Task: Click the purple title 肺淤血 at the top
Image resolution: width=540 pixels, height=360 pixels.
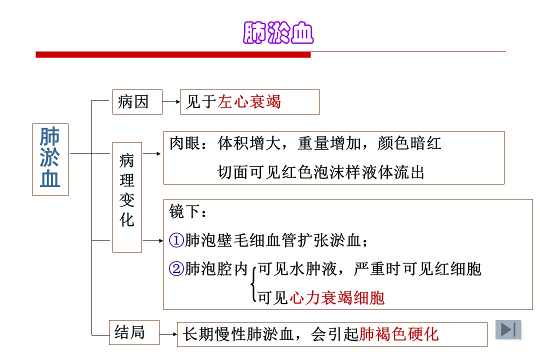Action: coord(278,32)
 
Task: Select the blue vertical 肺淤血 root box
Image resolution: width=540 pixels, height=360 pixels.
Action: coord(50,160)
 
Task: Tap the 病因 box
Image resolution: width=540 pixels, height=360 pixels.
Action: coord(137,102)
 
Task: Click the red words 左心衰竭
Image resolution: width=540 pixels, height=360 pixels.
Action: coord(249,102)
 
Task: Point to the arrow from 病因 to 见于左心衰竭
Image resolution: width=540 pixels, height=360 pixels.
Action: coord(171,102)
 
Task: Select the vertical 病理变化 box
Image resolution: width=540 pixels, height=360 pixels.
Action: coord(127,197)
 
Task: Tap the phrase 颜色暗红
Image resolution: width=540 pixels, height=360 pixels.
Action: coord(409,143)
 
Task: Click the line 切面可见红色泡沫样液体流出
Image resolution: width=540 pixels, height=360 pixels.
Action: coord(321,172)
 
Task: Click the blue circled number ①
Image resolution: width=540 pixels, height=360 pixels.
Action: coord(176,240)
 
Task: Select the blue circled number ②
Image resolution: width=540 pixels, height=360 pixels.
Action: coord(176,268)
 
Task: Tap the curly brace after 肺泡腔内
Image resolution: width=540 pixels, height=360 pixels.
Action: coord(253,284)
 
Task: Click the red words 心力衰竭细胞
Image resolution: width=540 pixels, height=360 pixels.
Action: coord(337,297)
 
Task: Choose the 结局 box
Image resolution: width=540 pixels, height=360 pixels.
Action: coord(134,332)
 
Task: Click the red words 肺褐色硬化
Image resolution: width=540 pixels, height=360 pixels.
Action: coord(399,334)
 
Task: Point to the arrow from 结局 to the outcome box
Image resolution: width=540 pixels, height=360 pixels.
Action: coord(168,334)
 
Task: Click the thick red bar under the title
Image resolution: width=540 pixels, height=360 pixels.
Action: coord(173,55)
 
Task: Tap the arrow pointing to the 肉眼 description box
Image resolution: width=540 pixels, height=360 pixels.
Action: coord(152,153)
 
